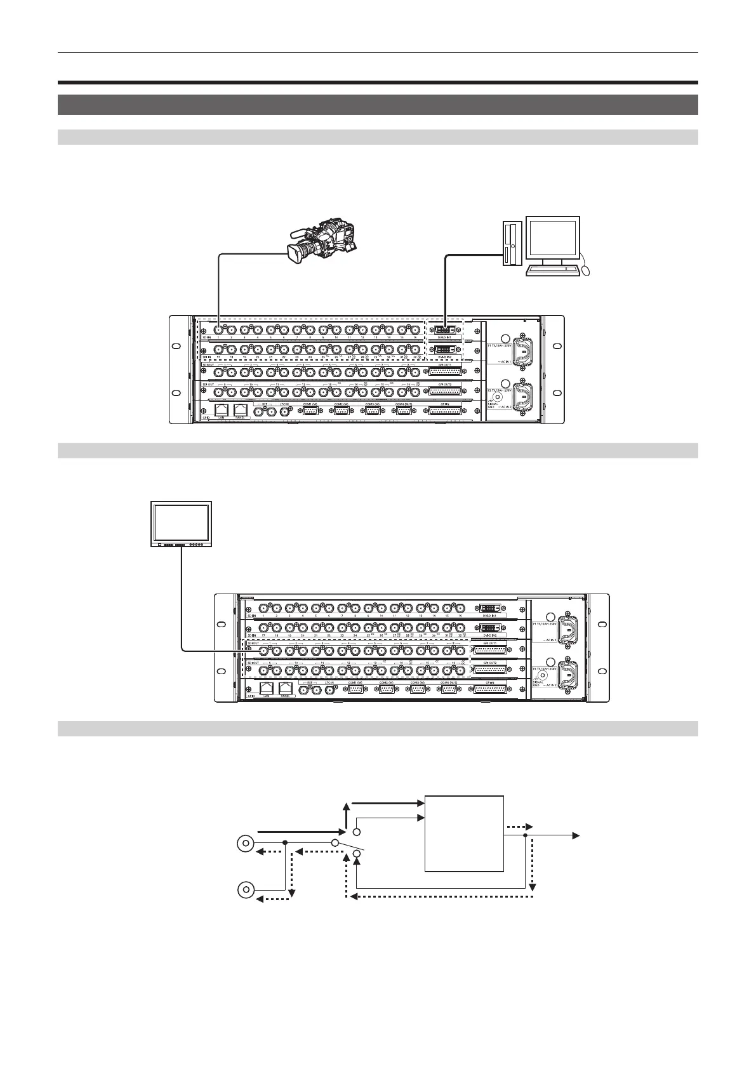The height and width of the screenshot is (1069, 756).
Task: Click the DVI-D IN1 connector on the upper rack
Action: (445, 330)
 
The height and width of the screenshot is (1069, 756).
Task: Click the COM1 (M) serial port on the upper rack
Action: (310, 411)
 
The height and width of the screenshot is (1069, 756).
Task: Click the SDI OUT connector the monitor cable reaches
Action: (257, 650)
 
